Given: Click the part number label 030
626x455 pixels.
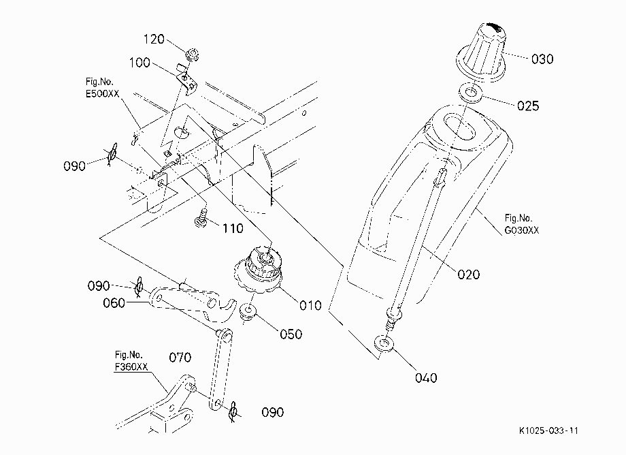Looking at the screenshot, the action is (x=542, y=59).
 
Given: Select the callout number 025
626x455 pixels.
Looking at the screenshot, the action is (x=528, y=106).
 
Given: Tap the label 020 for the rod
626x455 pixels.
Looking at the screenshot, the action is (x=468, y=274).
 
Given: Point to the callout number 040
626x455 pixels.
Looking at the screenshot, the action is (x=426, y=378).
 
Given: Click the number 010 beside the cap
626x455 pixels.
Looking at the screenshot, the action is (x=310, y=306).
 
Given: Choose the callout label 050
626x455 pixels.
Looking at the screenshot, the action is (x=291, y=334).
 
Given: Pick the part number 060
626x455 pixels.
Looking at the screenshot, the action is (x=114, y=303).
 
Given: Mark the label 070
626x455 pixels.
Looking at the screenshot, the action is (x=180, y=357).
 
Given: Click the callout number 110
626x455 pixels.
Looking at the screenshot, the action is (x=233, y=228).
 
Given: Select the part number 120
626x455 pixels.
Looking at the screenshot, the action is (x=154, y=39).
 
